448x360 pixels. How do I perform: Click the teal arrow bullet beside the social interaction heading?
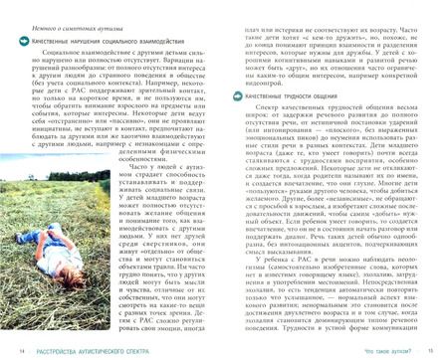pos(25,43)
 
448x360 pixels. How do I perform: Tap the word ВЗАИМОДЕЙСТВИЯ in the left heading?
pos(178,43)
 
